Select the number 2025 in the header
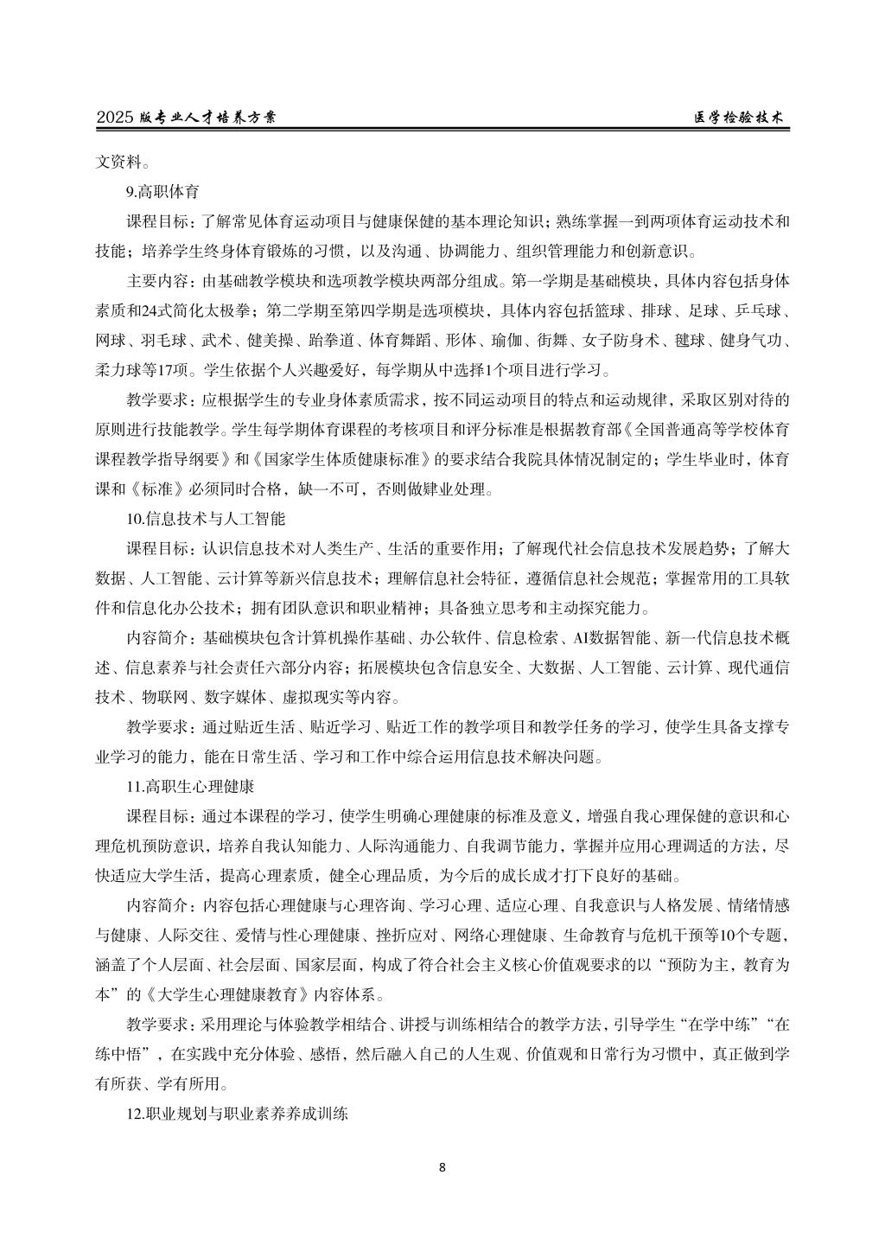coord(116,118)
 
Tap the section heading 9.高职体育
coord(163,191)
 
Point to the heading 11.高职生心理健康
coord(189,787)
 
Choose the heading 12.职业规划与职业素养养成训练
coord(237,1115)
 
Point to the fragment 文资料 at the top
coord(118,161)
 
